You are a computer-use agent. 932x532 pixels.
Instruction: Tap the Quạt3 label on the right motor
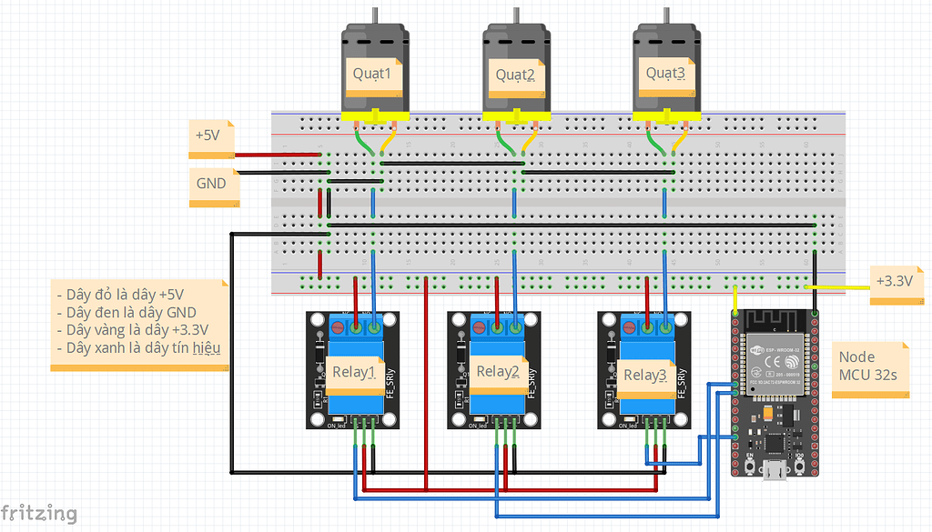tap(665, 72)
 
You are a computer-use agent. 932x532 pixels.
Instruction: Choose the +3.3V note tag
tap(895, 281)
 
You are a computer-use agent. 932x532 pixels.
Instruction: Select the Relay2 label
tap(498, 372)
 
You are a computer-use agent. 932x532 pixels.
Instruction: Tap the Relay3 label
tap(645, 375)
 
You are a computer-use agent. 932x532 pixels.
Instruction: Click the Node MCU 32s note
tap(869, 366)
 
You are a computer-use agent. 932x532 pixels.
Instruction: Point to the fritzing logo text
tap(38, 513)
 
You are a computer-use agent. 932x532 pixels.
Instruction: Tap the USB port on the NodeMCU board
tap(775, 472)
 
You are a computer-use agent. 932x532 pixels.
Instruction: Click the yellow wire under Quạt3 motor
tap(678, 142)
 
